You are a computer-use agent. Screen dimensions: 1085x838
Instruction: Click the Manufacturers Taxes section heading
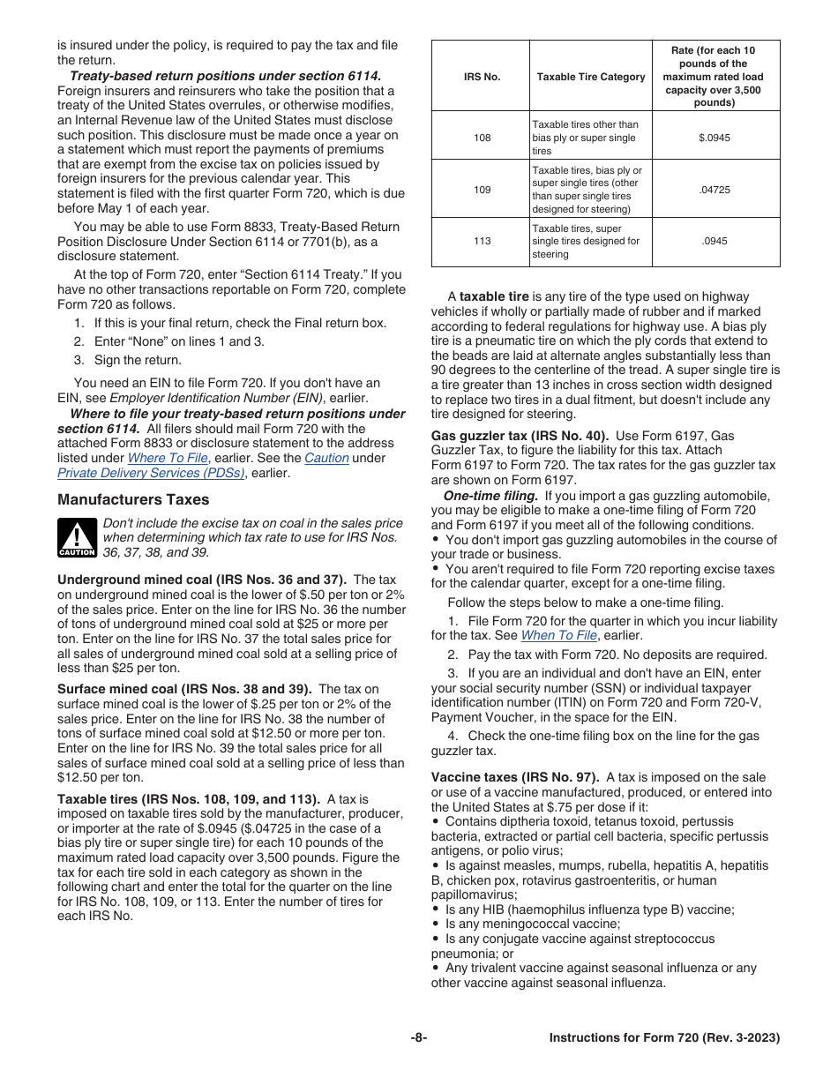(133, 499)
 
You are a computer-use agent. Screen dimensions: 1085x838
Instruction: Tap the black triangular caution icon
(77, 538)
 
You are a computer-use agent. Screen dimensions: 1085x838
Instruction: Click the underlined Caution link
(326, 458)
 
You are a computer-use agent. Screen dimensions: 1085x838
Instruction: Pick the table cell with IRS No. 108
(482, 138)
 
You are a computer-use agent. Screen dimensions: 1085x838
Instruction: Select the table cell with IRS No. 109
(482, 190)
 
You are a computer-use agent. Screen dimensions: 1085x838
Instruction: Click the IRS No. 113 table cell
(482, 241)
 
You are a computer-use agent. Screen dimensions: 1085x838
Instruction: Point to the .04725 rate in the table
(715, 190)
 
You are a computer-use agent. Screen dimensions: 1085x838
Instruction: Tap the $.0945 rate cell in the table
(715, 138)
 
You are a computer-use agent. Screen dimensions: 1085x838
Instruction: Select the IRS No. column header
(482, 77)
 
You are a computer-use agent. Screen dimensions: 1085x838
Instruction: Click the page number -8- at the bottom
(419, 1038)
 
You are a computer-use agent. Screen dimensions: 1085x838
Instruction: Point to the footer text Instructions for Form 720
(664, 1038)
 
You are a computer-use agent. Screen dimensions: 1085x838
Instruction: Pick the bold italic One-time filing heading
(490, 496)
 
